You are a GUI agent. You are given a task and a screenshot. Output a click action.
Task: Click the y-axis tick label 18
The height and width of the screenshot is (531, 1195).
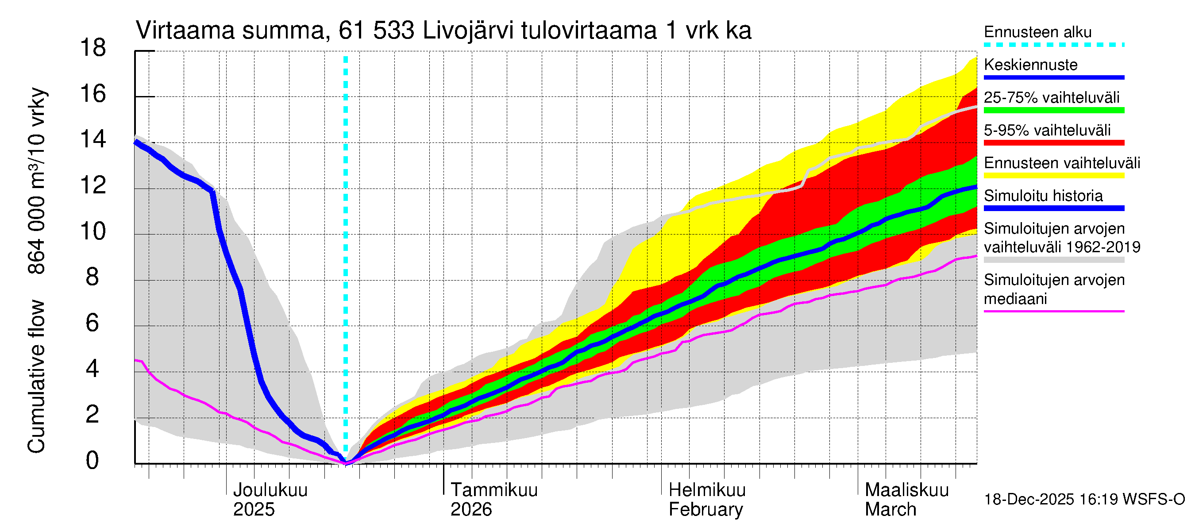(93, 48)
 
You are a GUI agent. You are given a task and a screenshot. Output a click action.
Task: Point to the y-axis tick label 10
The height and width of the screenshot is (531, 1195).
(93, 231)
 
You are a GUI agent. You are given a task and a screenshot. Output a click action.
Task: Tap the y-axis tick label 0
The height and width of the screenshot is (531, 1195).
(93, 461)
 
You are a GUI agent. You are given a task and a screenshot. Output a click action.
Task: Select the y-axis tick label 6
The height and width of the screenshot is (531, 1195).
(93, 323)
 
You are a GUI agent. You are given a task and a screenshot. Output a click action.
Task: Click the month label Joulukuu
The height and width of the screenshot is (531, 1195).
(270, 490)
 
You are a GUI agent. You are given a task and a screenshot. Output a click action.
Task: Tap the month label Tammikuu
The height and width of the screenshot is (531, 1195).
(494, 490)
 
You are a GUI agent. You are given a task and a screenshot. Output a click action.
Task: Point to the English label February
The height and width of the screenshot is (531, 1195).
(705, 510)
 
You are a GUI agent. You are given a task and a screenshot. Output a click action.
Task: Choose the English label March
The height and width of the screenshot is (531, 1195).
(890, 510)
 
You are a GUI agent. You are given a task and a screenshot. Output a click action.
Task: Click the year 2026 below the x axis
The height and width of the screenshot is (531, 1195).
(471, 510)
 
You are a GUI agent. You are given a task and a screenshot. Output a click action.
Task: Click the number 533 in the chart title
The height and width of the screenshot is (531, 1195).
(394, 31)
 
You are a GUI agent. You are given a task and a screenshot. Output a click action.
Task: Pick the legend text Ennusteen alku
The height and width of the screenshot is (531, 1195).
(1038, 32)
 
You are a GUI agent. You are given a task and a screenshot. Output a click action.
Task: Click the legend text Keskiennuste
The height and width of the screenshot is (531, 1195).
(1031, 65)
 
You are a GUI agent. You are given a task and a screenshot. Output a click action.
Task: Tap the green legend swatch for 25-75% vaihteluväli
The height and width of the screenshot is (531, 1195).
(1054, 110)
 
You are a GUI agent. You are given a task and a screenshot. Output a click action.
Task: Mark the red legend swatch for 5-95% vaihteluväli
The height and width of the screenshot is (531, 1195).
(1054, 143)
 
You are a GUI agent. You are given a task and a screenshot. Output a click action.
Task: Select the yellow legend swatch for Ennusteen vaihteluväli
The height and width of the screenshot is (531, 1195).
(1054, 176)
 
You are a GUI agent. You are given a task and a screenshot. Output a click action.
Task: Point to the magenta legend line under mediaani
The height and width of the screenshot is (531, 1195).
(1054, 311)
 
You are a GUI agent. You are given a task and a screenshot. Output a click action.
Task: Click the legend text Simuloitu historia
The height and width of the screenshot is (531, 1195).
(1043, 196)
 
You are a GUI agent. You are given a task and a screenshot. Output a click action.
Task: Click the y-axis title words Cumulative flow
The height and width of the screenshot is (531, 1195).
(36, 376)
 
